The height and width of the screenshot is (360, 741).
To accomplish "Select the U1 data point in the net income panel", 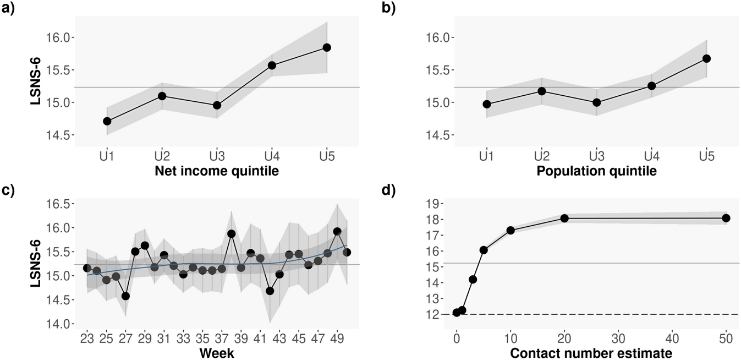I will (x=107, y=121).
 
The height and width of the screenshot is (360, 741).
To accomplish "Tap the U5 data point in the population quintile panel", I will (x=706, y=58).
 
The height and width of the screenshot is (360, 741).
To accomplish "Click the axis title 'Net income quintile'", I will (x=217, y=172).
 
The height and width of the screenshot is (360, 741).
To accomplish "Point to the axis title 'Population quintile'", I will (x=596, y=172).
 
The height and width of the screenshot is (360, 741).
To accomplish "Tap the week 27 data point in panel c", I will (x=125, y=296).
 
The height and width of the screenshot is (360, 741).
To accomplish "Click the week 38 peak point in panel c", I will (x=232, y=233).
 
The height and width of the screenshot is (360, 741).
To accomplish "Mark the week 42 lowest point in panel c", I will (x=270, y=291).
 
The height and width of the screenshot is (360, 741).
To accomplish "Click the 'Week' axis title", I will (x=217, y=353).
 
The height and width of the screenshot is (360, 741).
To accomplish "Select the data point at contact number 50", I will (x=726, y=218).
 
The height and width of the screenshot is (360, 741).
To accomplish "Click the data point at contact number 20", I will (x=564, y=218).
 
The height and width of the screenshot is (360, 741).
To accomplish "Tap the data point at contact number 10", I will (x=511, y=230).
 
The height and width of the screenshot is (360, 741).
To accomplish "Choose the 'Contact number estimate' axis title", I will (x=591, y=353).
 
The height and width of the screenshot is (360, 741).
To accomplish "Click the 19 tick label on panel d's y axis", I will (x=437, y=204).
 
